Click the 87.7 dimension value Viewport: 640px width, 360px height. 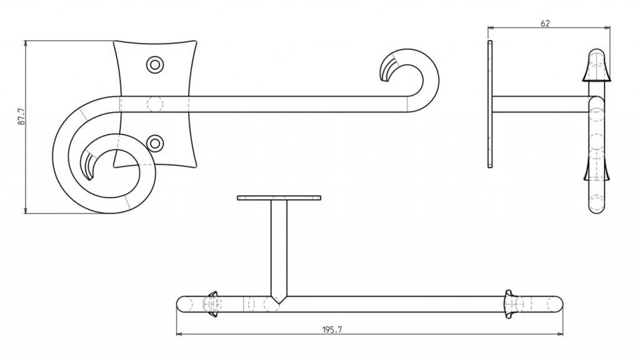click(x=21, y=116)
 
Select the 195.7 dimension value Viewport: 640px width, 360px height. click(x=332, y=329)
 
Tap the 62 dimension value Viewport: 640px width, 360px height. click(x=545, y=24)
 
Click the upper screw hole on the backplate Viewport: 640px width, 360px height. click(x=155, y=64)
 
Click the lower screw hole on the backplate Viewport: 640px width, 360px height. click(x=155, y=143)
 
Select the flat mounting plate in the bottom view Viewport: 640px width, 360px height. click(x=279, y=198)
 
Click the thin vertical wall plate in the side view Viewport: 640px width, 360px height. click(x=490, y=104)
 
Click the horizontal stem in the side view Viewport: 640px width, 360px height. click(x=541, y=104)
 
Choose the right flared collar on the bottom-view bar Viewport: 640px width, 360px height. click(x=509, y=304)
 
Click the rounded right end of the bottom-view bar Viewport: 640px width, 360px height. click(x=557, y=304)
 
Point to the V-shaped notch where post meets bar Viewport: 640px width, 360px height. click(x=279, y=299)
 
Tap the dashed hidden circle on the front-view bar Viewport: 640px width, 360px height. click(x=155, y=104)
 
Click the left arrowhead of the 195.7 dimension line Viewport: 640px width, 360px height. click(x=179, y=334)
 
